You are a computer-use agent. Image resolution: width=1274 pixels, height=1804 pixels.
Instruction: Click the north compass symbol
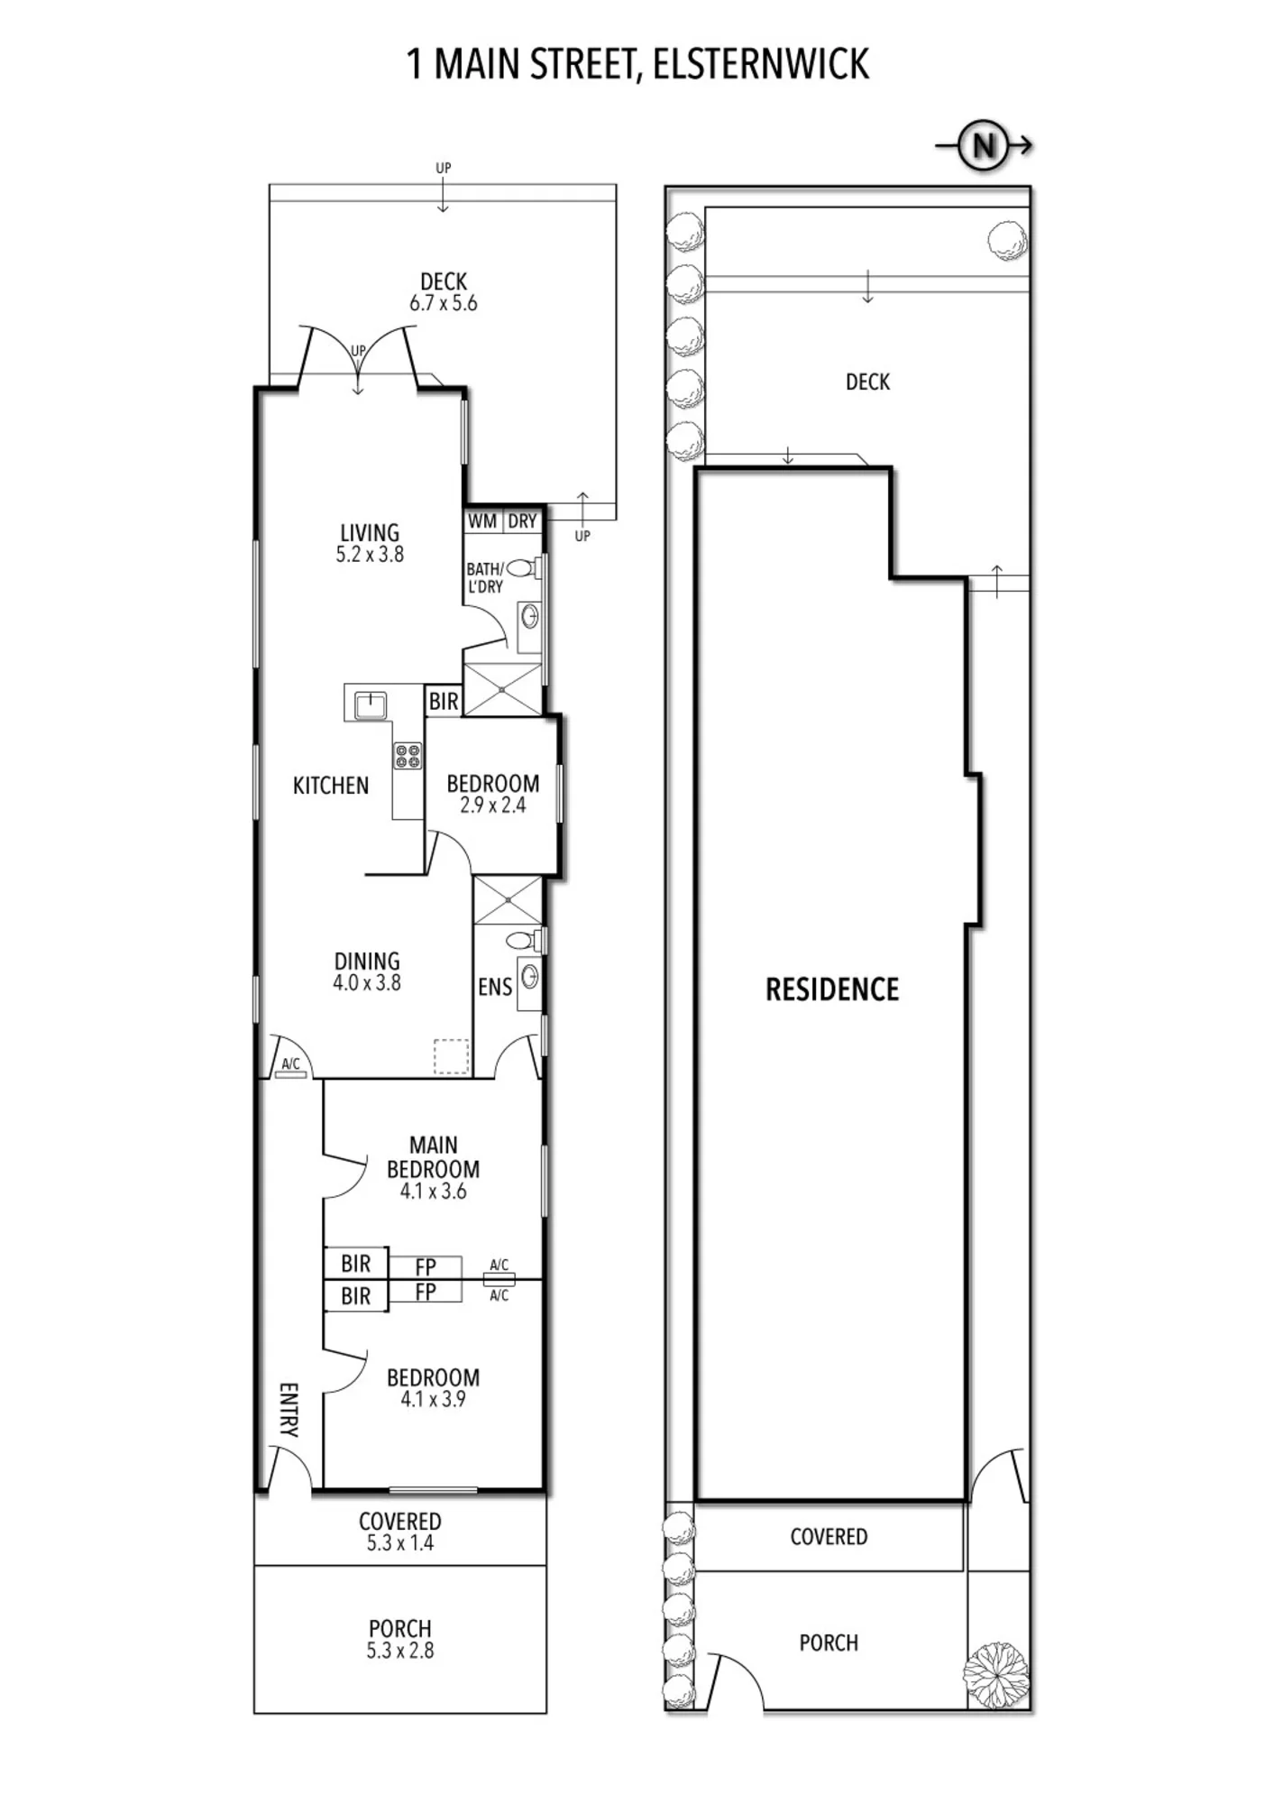point(984,145)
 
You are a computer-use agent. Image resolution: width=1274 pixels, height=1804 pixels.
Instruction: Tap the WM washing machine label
point(482,521)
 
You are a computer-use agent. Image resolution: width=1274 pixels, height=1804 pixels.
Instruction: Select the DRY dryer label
point(522,521)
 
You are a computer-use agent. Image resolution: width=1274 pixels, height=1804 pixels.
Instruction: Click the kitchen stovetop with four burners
point(408,756)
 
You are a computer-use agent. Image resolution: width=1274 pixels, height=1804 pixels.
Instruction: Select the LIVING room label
point(370,533)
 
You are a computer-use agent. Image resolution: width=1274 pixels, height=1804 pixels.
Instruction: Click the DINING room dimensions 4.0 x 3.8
point(367,983)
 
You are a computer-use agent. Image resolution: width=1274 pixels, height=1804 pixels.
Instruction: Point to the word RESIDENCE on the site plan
point(832,989)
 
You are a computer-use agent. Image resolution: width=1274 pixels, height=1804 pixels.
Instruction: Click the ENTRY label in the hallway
point(289,1410)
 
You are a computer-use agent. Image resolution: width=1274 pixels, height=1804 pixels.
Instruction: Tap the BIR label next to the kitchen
point(444,701)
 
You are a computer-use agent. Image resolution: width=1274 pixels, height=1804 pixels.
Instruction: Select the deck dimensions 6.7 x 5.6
point(444,304)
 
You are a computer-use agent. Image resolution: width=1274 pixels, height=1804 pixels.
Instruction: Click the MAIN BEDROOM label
point(433,1157)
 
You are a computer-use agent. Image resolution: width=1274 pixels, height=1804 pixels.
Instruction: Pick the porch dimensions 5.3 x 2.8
point(400,1651)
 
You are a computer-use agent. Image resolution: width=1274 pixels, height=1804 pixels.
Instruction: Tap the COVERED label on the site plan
point(829,1537)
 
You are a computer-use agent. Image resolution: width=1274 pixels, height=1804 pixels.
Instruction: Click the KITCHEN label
point(331,786)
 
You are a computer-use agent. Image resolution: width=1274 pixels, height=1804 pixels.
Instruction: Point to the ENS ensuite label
point(495,988)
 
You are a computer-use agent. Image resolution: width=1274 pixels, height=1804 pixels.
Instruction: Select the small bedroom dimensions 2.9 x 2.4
point(493,805)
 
